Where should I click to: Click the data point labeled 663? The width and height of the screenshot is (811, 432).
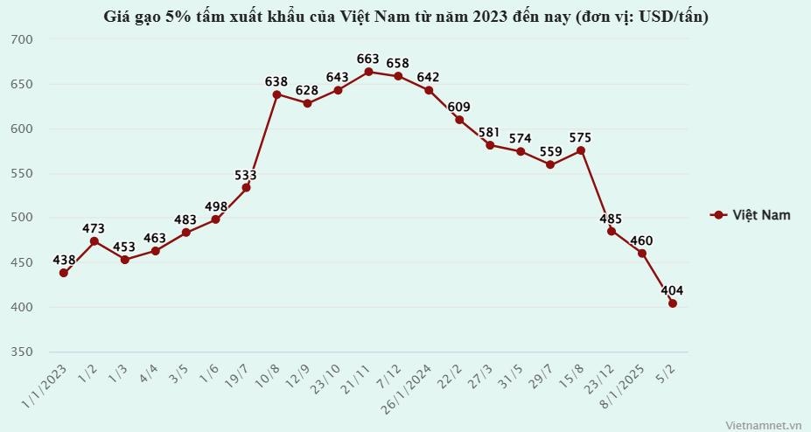368,72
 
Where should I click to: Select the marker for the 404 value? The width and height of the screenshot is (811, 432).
673,303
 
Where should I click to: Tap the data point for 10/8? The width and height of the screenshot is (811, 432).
276,94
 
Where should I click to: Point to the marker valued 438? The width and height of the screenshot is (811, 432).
64,273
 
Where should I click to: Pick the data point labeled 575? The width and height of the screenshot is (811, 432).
581,150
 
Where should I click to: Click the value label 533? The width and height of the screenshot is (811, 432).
246,175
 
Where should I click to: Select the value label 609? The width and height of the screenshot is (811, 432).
459,107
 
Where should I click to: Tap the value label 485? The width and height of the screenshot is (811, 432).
612,218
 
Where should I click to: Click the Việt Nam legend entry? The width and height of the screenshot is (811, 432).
752,215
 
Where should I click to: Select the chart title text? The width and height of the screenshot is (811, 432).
405,17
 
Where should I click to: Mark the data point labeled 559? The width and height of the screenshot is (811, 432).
550,164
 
